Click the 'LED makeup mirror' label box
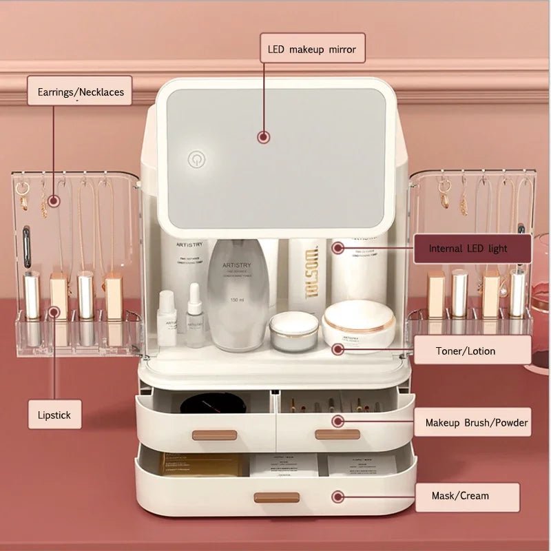[x=312, y=49]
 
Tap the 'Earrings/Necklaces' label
[x=80, y=91]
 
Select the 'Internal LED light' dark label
[x=472, y=248]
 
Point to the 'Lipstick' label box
[x=54, y=415]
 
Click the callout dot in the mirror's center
[x=263, y=136]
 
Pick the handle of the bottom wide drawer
[x=276, y=497]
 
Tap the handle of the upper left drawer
[x=214, y=435]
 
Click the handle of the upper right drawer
[x=337, y=435]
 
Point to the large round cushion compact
[x=358, y=324]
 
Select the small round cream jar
[x=294, y=331]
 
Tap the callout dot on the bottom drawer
[x=337, y=496]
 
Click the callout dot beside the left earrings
[x=55, y=200]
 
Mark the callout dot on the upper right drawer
[x=337, y=421]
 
